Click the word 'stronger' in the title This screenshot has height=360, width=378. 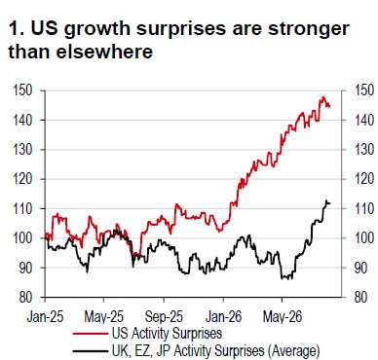[x=309, y=28]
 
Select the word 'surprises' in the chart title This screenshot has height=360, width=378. [x=181, y=29]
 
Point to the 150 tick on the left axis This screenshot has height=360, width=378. [x=22, y=90]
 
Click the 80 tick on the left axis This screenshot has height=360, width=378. [x=25, y=297]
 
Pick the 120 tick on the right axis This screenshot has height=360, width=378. [x=363, y=179]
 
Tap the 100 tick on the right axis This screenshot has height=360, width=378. [x=363, y=238]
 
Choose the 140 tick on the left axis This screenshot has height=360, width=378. [x=22, y=120]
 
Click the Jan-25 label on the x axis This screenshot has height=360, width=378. [x=45, y=316]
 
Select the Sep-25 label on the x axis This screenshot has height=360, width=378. [x=164, y=316]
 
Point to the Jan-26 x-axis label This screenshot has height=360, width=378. [x=223, y=316]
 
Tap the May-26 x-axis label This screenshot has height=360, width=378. [x=283, y=316]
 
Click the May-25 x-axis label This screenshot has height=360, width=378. [x=104, y=316]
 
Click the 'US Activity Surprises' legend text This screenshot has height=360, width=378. [x=167, y=333]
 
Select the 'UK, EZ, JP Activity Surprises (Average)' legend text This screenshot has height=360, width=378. [x=216, y=350]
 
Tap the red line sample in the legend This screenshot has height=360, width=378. [x=91, y=334]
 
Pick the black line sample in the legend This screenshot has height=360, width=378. [x=91, y=351]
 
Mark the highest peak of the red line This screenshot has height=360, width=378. [x=323, y=96]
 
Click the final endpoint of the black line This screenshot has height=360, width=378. [x=329, y=203]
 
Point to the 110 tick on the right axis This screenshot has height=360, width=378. [x=363, y=208]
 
